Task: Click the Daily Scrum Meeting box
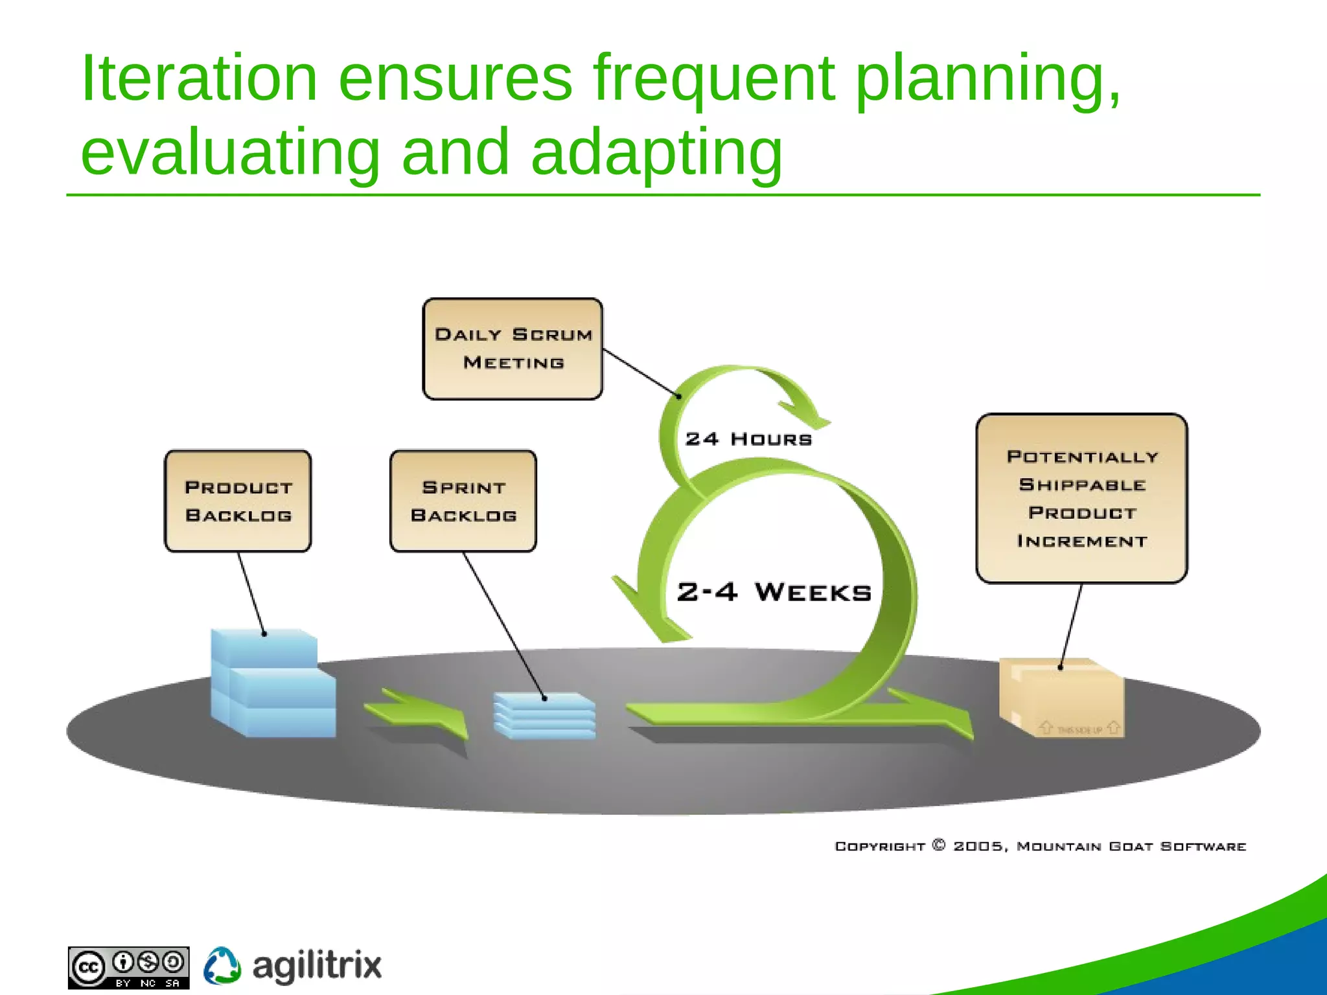513,349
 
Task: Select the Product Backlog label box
238,501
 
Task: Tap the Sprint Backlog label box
463,501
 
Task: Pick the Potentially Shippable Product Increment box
1081,498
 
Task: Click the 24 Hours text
748,439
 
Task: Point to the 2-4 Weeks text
774,592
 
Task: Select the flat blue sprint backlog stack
544,716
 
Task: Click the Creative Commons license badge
128,967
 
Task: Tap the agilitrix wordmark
316,966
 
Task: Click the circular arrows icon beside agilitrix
222,966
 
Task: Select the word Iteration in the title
198,78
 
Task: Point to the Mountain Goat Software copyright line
1040,846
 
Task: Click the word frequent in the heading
713,78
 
